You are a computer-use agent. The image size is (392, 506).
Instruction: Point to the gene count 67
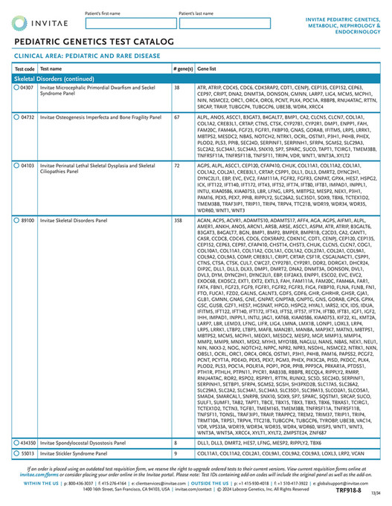pyautogui.click(x=177, y=117)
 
